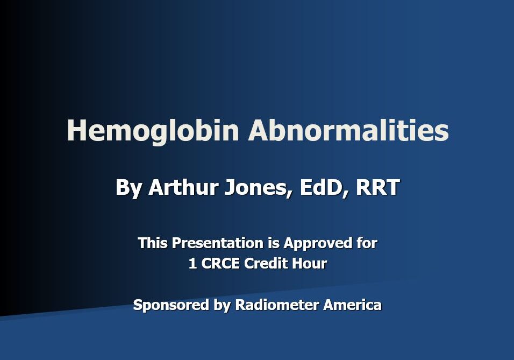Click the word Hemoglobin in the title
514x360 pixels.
click(x=153, y=131)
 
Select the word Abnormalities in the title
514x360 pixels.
click(x=348, y=131)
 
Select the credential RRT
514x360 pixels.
click(x=377, y=187)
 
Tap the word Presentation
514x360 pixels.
click(x=217, y=243)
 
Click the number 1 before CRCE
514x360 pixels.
click(x=192, y=264)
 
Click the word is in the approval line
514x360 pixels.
click(x=273, y=243)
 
